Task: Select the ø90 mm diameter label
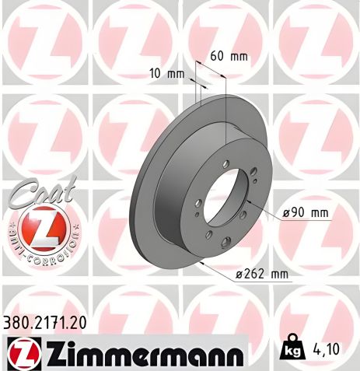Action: [x=303, y=212]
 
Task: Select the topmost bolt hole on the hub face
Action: [x=225, y=163]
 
